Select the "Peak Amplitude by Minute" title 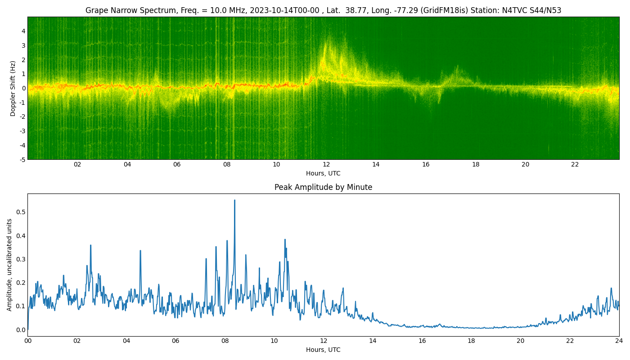[x=323, y=187]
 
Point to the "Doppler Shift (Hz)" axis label [x=13, y=88]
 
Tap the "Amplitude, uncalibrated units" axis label [x=10, y=265]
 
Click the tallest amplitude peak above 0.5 [x=234, y=201]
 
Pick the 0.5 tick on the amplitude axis [x=20, y=212]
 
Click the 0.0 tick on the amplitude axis [x=20, y=330]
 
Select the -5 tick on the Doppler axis [x=22, y=159]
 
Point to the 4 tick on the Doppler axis [x=23, y=31]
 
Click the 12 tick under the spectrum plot [x=326, y=165]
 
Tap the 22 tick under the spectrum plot [x=575, y=165]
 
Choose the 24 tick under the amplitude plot [x=619, y=341]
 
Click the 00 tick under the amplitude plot [x=28, y=341]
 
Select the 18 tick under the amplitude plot [x=471, y=341]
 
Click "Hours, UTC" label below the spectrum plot [x=323, y=174]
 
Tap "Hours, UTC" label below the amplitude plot [x=323, y=350]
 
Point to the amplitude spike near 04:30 [x=140, y=251]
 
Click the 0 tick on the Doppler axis [x=23, y=88]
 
